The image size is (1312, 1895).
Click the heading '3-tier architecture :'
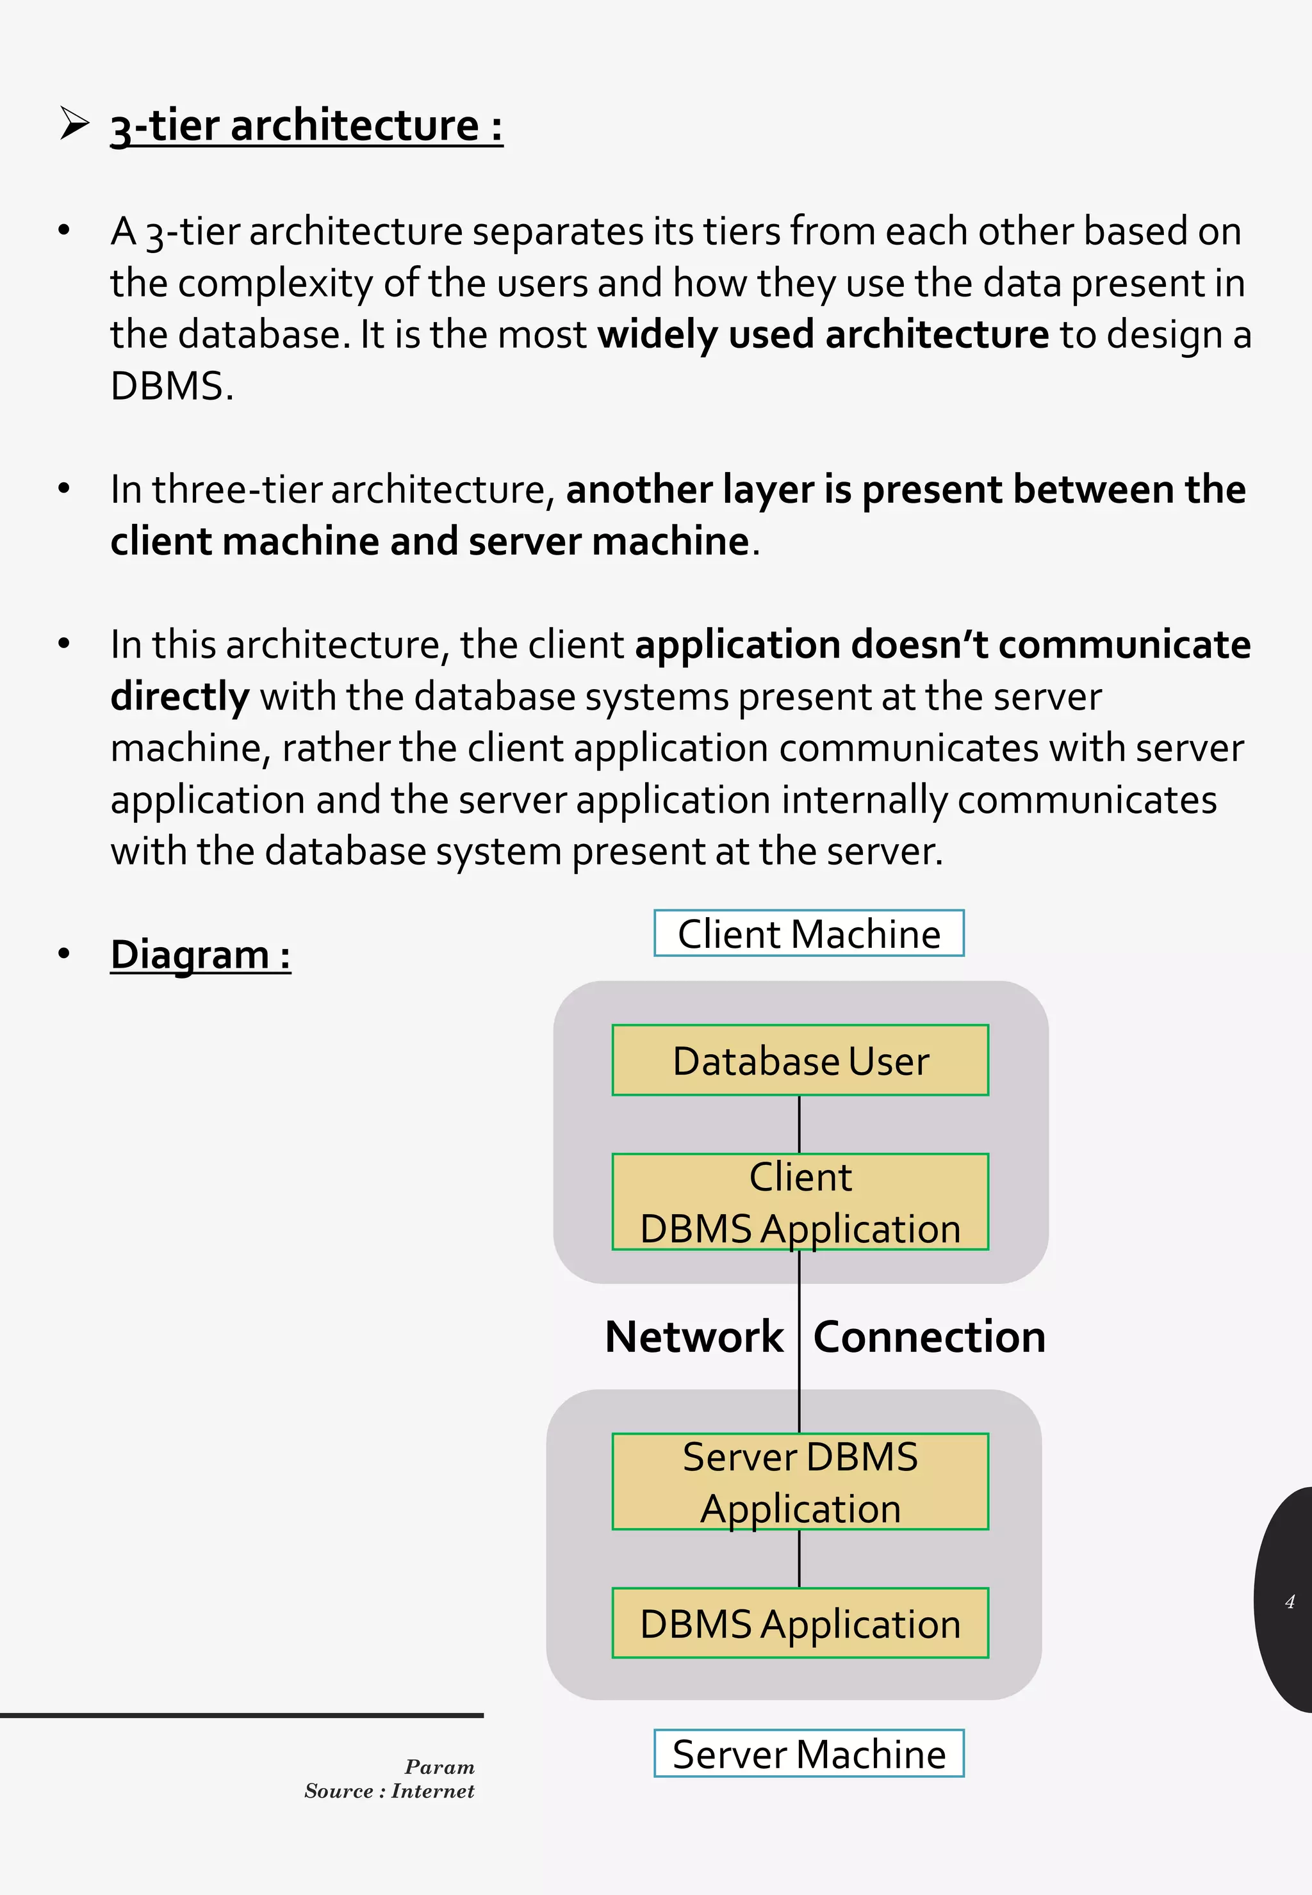click(306, 127)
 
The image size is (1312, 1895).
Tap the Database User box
click(800, 1060)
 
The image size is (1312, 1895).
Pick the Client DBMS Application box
click(800, 1201)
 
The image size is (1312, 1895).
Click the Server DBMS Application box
click(800, 1482)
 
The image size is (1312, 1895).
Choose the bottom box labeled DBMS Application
click(800, 1624)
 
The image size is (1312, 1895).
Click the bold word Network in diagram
click(694, 1337)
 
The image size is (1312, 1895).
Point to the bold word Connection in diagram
click(929, 1337)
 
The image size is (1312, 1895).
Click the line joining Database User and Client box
click(799, 1124)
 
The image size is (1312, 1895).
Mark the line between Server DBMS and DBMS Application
click(799, 1559)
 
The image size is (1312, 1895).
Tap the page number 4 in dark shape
click(1289, 1602)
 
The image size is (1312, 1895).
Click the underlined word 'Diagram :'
click(201, 955)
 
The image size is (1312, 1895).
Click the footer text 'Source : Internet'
click(389, 1791)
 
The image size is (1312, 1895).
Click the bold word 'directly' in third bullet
click(179, 697)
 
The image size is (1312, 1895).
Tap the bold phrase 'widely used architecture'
click(822, 334)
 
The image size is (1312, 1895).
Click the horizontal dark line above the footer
click(242, 1715)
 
